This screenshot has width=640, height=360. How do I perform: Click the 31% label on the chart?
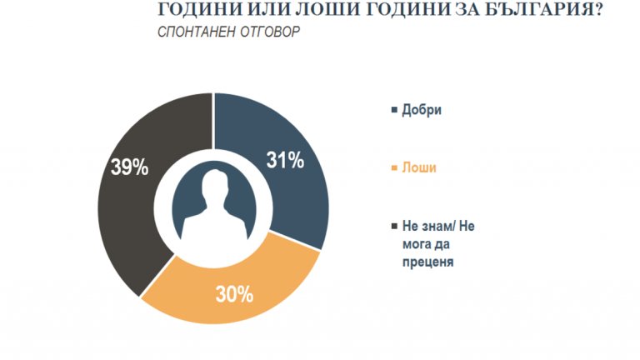(285, 161)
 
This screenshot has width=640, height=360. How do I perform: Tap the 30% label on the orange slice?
(235, 294)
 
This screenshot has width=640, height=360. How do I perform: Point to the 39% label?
(130, 167)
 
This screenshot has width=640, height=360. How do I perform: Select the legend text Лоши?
(419, 167)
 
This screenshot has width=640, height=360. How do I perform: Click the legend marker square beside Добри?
(393, 111)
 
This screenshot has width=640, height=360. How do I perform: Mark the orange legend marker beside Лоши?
(393, 167)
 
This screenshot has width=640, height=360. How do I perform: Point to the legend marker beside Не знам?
(393, 225)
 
